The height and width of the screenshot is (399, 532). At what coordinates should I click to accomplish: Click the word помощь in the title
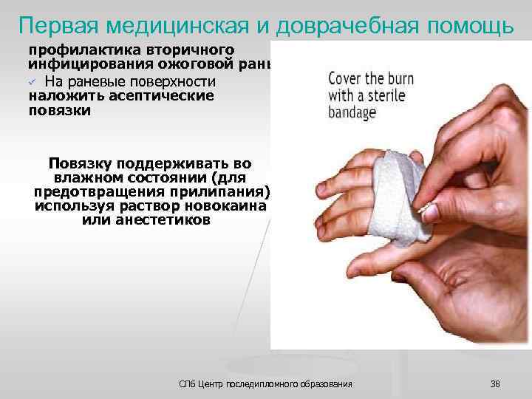point(466,27)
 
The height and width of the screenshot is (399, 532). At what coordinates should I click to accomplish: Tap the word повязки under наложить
point(60,110)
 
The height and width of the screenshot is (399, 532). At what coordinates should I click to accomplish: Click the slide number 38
point(494,383)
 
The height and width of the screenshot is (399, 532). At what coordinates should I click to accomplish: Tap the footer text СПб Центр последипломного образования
point(266,383)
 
